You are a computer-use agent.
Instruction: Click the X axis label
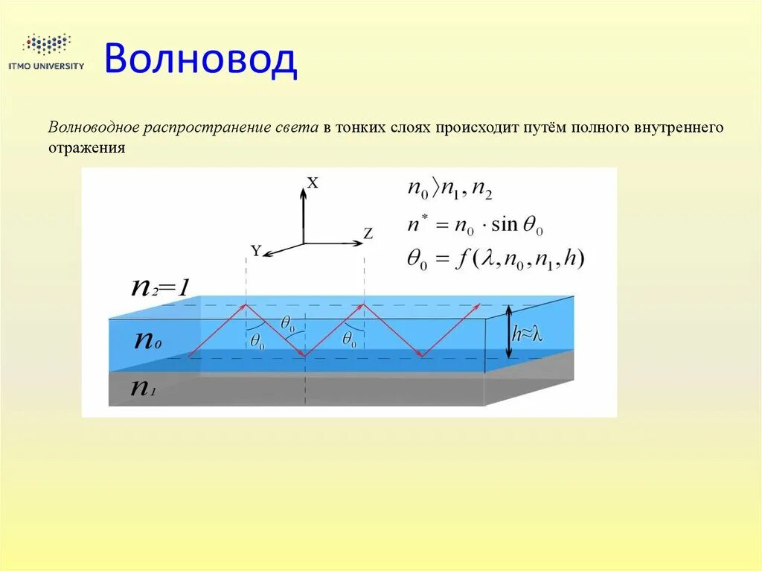coord(313,182)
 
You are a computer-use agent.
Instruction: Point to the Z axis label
coord(368,233)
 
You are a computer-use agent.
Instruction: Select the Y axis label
coord(255,252)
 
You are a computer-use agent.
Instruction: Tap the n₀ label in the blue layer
coord(147,340)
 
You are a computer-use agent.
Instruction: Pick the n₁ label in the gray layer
coord(144,388)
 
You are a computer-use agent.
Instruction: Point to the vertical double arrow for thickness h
coord(508,334)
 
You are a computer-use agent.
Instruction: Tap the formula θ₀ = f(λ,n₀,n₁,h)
coord(496,259)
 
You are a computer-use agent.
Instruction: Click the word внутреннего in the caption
coord(678,127)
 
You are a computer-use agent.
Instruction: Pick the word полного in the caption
coord(600,127)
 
